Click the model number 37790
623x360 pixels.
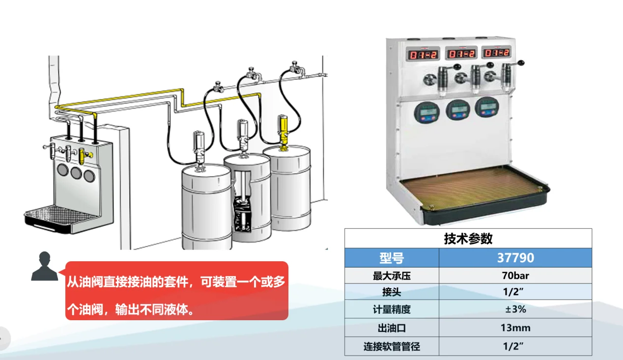coord(515,258)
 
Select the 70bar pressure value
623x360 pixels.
coord(515,276)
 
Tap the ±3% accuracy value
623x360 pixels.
coord(515,309)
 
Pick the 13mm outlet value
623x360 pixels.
coord(515,328)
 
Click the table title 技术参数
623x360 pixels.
coord(468,239)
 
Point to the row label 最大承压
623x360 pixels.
coord(392,276)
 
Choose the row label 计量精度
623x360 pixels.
coord(392,309)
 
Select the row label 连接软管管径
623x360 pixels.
coord(392,346)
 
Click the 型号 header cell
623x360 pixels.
coord(392,258)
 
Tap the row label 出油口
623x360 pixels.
coord(392,328)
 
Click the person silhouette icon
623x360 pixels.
coord(45,266)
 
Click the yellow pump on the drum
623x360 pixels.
coord(283,133)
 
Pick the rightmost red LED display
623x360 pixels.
coord(497,53)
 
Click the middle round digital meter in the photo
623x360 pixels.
coord(458,111)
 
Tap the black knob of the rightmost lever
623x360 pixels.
coord(521,63)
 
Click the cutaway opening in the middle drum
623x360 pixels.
coord(242,201)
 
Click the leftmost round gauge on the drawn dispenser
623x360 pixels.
coord(63,169)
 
